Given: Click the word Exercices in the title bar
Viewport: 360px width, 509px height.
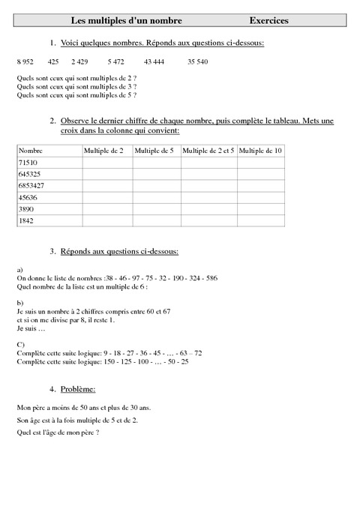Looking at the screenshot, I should [269, 21].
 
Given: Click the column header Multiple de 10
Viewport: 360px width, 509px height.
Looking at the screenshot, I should [261, 151].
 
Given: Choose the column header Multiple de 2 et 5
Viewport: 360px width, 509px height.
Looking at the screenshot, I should [208, 151].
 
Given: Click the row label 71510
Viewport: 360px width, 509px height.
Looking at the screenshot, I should [27, 162].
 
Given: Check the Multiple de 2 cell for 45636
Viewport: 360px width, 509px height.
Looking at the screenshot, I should [107, 197].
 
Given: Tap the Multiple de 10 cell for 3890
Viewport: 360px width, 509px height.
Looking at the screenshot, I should [261, 209].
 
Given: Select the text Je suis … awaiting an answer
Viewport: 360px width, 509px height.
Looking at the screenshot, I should [30, 329].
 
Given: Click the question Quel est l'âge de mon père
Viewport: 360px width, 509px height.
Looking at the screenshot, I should [57, 433].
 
